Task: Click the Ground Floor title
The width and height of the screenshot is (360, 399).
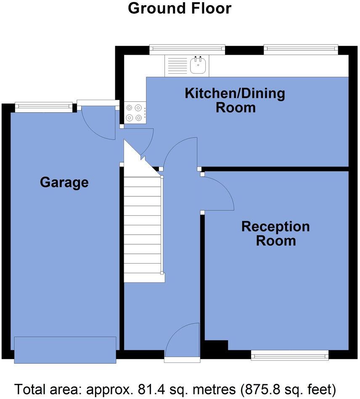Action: tap(180, 8)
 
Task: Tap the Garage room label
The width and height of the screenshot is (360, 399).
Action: tap(64, 182)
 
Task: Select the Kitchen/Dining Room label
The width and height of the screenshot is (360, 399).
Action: tap(235, 100)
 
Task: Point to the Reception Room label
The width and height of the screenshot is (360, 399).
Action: tap(275, 234)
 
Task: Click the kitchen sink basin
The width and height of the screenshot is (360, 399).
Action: tap(198, 65)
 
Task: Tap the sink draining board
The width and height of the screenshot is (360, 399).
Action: tap(177, 66)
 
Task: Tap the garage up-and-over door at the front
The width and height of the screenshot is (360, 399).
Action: tap(65, 349)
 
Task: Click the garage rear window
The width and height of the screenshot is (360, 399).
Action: tap(43, 107)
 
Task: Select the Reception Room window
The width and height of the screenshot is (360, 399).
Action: tap(290, 356)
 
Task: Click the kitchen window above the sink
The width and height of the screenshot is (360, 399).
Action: tap(187, 50)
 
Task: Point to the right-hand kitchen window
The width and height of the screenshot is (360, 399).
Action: tap(301, 50)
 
